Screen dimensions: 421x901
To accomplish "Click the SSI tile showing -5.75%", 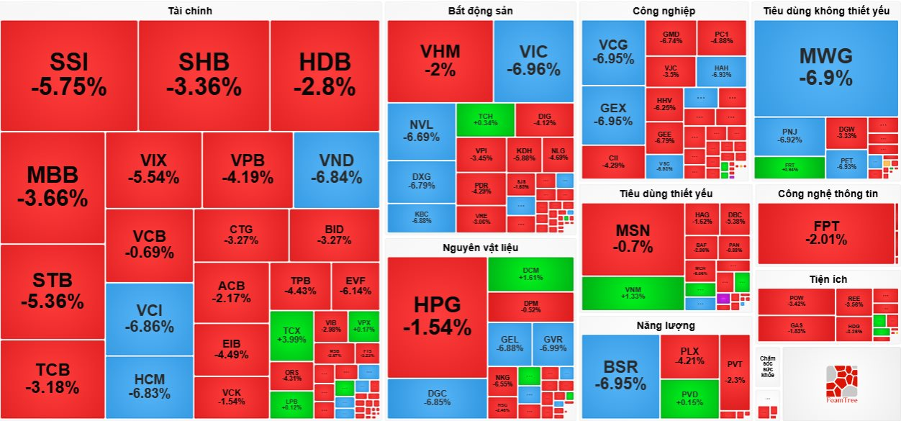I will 69,75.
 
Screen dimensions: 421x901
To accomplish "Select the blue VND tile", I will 336,170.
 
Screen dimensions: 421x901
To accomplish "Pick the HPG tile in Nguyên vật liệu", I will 437,317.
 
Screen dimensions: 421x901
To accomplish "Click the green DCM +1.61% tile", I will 530,273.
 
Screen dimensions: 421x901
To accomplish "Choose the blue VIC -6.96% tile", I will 533,60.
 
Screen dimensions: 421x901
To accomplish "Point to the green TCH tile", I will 485,119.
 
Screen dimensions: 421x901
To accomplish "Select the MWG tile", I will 825,67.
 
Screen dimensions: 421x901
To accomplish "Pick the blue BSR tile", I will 620,374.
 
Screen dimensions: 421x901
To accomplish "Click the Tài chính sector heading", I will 190,11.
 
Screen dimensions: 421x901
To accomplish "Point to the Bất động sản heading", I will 480,11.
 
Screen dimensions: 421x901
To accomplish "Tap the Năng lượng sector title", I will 665,325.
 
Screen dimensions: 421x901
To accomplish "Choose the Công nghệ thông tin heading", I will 828,194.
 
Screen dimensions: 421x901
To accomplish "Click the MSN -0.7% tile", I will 633,238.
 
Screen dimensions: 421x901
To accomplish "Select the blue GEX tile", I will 613,114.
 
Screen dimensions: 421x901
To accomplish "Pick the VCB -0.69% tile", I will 149,244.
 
